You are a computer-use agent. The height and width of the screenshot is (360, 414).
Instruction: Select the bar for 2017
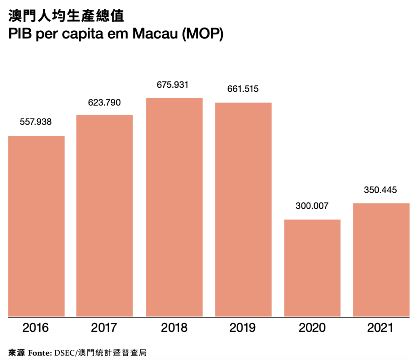105,215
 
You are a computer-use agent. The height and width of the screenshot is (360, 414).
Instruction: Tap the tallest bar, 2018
174,207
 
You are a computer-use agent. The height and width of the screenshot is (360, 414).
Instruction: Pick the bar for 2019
243,209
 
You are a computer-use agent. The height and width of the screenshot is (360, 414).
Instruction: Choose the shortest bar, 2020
312,267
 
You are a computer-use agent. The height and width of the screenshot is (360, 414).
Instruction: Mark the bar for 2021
381,259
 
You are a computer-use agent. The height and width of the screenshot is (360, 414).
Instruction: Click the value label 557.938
36,122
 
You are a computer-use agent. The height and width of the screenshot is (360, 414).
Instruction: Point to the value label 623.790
104,102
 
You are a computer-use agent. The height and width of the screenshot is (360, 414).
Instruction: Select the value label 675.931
173,85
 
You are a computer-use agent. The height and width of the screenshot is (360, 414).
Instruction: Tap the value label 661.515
242,89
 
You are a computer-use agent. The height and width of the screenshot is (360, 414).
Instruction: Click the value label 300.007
312,205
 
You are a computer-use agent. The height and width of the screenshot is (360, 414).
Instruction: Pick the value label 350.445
380,189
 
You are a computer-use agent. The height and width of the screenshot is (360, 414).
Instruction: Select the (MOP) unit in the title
202,35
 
